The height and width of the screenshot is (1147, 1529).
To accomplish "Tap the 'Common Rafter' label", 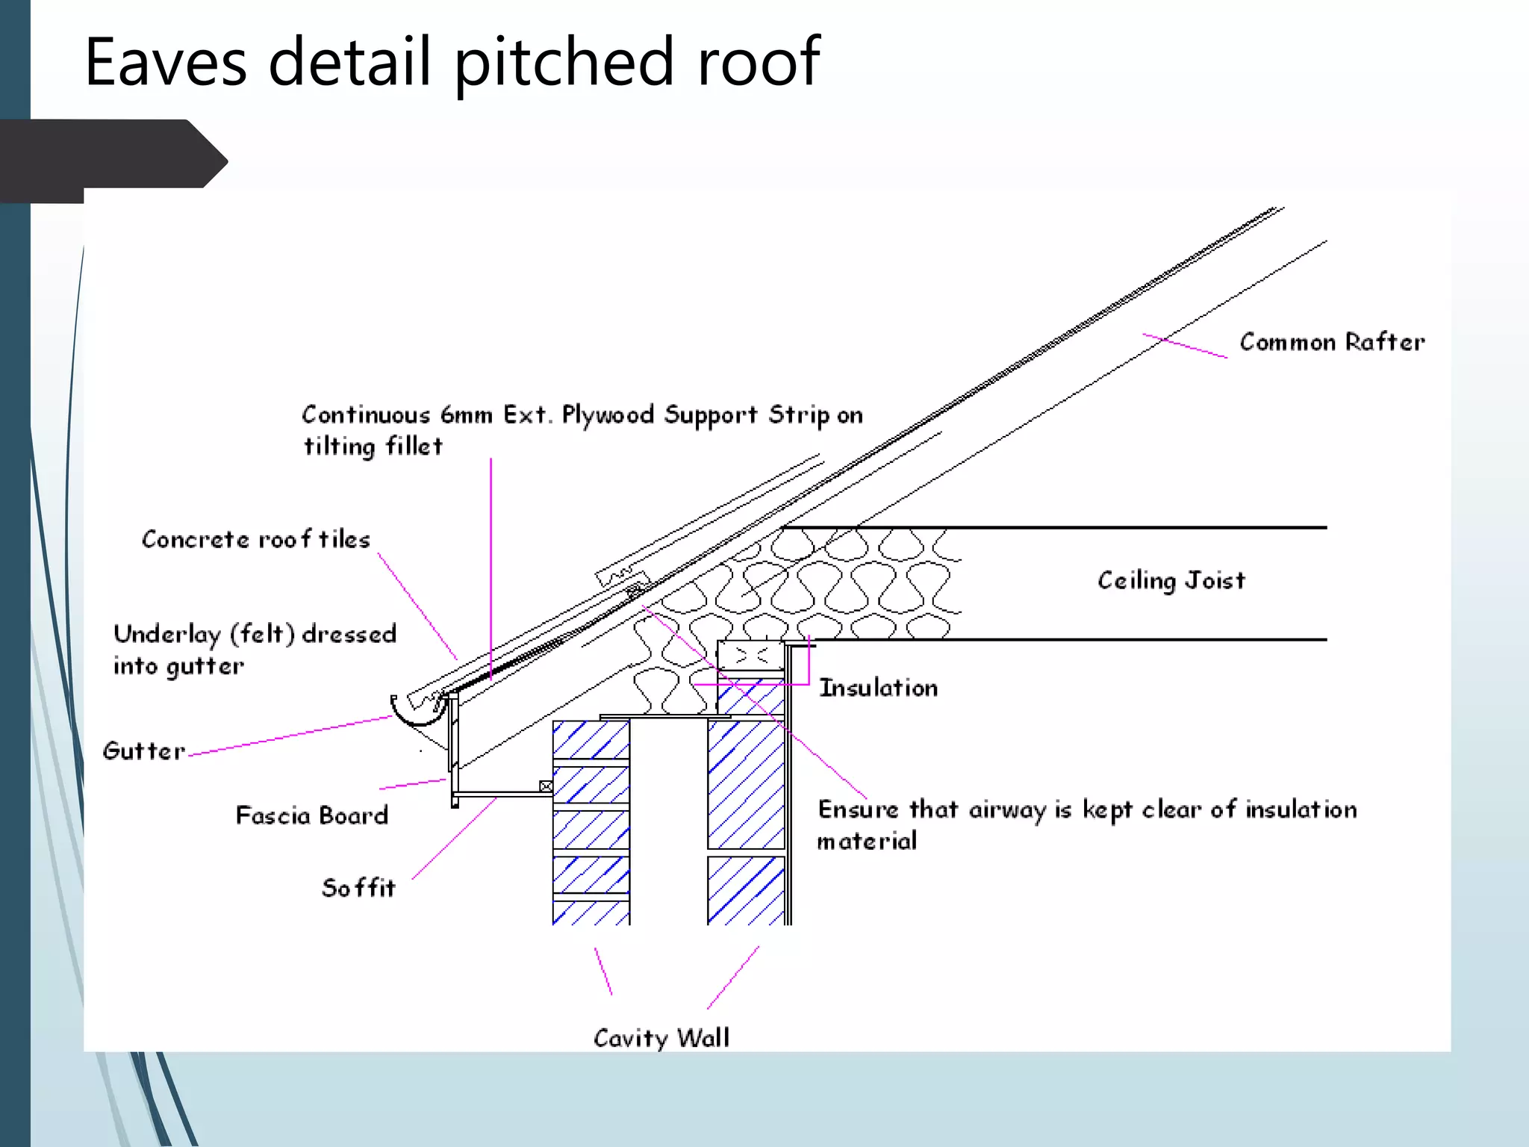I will point(1332,342).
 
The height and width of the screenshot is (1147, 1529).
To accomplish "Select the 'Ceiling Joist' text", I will point(1171,580).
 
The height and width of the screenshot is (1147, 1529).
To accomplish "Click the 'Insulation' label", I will point(878,688).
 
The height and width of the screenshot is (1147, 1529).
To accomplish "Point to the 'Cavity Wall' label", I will point(661,1038).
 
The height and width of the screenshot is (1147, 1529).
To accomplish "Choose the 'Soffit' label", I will point(358,888).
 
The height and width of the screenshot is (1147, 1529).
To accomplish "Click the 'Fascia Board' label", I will point(312,815).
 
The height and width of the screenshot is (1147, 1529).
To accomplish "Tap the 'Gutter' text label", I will point(143,751).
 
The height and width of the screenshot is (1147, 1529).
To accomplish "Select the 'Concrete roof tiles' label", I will point(255,539).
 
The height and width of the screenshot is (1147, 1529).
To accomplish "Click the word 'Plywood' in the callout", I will point(608,415).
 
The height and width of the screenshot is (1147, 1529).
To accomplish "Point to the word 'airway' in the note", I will point(1007,810).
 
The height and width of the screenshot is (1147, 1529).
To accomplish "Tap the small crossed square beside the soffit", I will point(546,786).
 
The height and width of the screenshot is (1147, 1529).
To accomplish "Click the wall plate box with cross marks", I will point(750,656).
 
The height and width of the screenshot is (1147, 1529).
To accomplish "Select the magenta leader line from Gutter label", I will point(291,736).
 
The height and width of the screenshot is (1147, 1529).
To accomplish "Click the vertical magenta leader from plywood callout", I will point(491,568).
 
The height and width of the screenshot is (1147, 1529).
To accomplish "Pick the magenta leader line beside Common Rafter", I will point(1185,346).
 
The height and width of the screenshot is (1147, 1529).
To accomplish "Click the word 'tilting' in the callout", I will point(340,447).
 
